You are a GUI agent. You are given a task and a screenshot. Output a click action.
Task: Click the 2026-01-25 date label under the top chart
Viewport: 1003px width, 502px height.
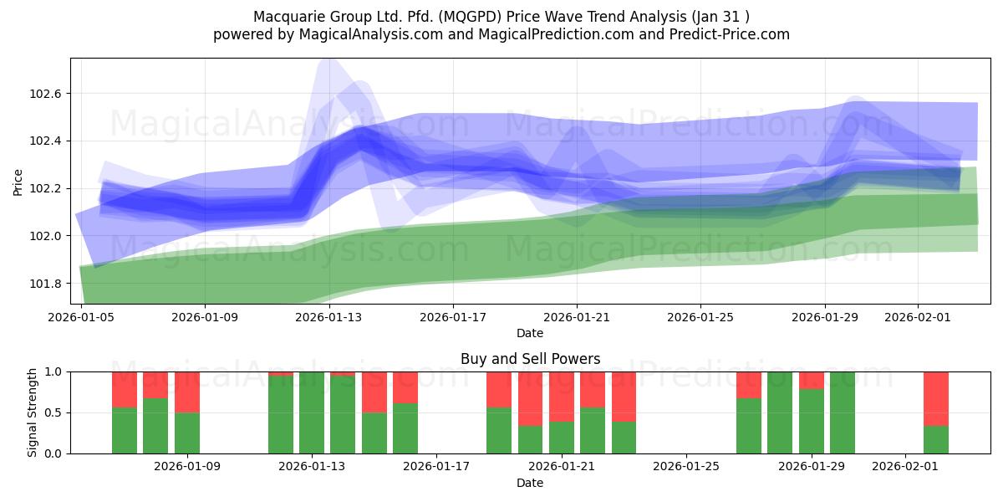700,317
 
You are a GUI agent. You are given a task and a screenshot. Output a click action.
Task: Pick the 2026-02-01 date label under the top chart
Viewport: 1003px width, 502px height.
918,317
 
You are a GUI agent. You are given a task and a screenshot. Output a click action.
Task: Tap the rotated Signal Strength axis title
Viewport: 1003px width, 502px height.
33,412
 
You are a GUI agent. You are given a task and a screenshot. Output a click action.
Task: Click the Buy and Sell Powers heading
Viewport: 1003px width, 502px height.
530,359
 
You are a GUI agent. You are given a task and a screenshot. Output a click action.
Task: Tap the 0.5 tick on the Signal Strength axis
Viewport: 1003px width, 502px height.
54,412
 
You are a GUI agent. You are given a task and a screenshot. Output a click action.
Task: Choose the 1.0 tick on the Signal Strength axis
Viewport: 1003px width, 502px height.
54,371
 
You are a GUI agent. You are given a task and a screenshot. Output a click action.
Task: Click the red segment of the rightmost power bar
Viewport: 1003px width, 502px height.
936,398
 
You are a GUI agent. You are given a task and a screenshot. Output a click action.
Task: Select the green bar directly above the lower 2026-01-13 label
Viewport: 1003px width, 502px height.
312,412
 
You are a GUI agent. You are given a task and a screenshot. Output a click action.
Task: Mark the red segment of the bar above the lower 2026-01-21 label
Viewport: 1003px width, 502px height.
562,396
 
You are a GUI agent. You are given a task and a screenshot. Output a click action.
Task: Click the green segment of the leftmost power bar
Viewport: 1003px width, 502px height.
125,431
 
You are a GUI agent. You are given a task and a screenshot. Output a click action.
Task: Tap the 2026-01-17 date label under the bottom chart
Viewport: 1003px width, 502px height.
437,467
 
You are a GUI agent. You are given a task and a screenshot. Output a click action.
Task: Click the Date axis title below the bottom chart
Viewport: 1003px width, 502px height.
530,483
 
